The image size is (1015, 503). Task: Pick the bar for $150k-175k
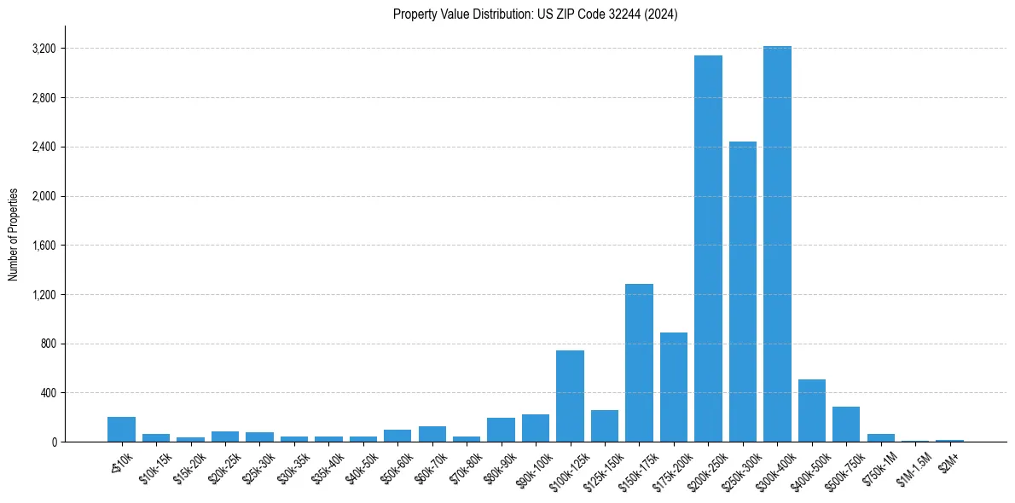coord(639,362)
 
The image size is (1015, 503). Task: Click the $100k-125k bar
coord(570,396)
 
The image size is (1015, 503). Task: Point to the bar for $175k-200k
coord(673,387)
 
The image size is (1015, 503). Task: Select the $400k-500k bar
coord(811,411)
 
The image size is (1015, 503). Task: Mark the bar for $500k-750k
coord(846,425)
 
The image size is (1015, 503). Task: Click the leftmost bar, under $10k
coord(121,430)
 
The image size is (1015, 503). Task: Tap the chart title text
coord(535,14)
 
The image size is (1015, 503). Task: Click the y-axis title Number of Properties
coord(14,234)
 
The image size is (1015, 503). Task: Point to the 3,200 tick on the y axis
coord(43,49)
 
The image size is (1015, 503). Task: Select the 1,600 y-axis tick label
coord(43,246)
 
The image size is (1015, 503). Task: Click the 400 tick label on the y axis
coord(47,393)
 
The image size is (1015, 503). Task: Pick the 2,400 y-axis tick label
coord(43,147)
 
